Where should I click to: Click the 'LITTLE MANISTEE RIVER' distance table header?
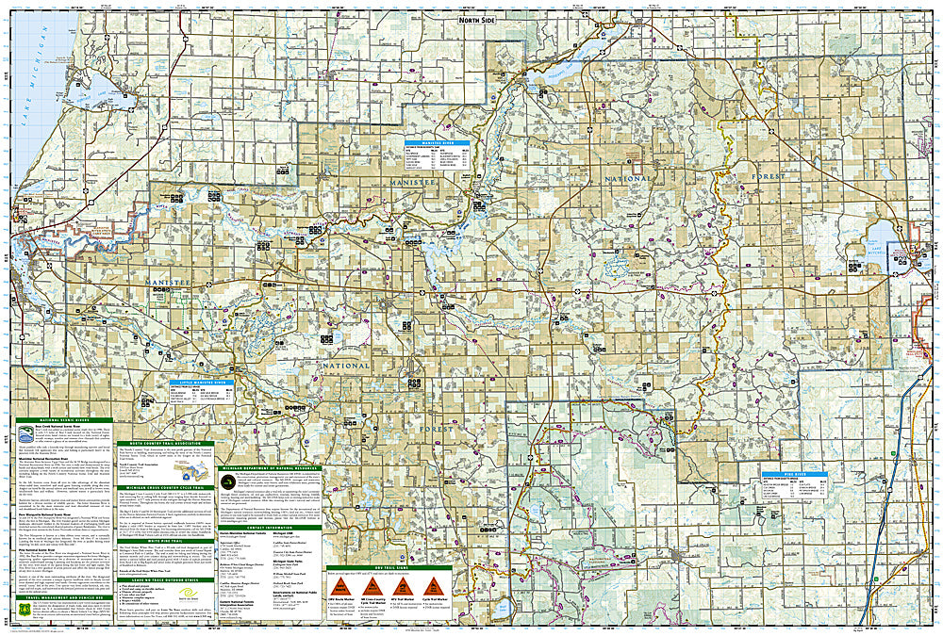click(200, 383)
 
